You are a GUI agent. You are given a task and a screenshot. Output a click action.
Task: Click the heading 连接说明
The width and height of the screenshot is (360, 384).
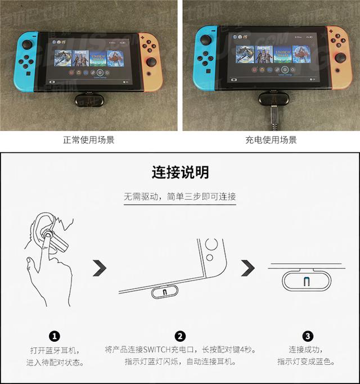180,171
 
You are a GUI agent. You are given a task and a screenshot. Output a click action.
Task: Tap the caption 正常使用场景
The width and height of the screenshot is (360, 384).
88,140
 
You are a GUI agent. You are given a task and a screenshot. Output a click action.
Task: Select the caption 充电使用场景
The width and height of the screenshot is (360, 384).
271,140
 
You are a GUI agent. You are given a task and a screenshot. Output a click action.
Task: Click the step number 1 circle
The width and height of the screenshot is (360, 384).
55,336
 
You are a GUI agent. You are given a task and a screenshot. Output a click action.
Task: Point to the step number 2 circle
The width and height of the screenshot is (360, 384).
180,336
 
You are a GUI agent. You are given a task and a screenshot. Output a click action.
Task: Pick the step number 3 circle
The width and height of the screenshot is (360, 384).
307,336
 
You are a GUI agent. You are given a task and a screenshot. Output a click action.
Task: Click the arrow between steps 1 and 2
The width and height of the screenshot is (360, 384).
100,268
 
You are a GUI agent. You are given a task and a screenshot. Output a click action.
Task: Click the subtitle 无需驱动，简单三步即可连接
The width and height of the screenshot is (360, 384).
180,197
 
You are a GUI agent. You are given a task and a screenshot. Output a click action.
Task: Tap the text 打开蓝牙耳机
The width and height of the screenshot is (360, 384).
55,350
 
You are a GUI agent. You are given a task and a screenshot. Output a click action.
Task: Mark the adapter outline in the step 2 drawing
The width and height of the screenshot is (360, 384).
164,292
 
